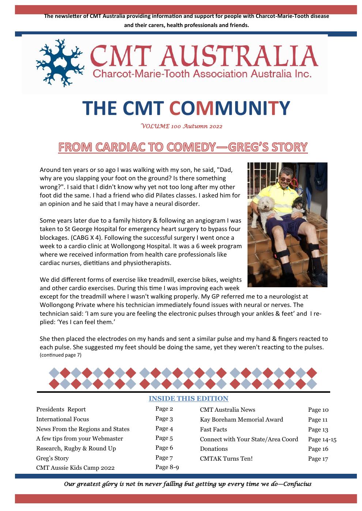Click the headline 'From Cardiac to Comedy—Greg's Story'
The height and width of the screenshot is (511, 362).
coord(183,147)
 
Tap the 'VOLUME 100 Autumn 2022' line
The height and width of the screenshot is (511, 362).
coord(182,126)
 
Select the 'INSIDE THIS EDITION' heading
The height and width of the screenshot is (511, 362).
coord(188,399)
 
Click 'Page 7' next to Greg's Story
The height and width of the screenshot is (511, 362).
coord(164,457)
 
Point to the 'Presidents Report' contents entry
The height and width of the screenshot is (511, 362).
coord(61,410)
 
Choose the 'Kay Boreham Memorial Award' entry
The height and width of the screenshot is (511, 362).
coord(241,420)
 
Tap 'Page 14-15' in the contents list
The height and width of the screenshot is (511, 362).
coord(322,439)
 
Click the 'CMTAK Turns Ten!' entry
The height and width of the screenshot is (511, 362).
coord(226,459)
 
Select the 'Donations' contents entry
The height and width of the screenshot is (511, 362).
coord(214,449)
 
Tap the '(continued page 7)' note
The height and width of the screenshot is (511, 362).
coord(60,355)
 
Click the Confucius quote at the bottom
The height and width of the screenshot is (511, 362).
coord(188,484)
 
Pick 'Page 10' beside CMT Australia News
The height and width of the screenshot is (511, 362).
coord(318,410)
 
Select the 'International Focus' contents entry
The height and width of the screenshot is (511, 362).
coord(63,419)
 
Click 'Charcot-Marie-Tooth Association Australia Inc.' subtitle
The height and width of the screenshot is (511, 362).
coord(202,74)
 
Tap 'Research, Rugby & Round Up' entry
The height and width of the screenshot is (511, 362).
coord(76,449)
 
